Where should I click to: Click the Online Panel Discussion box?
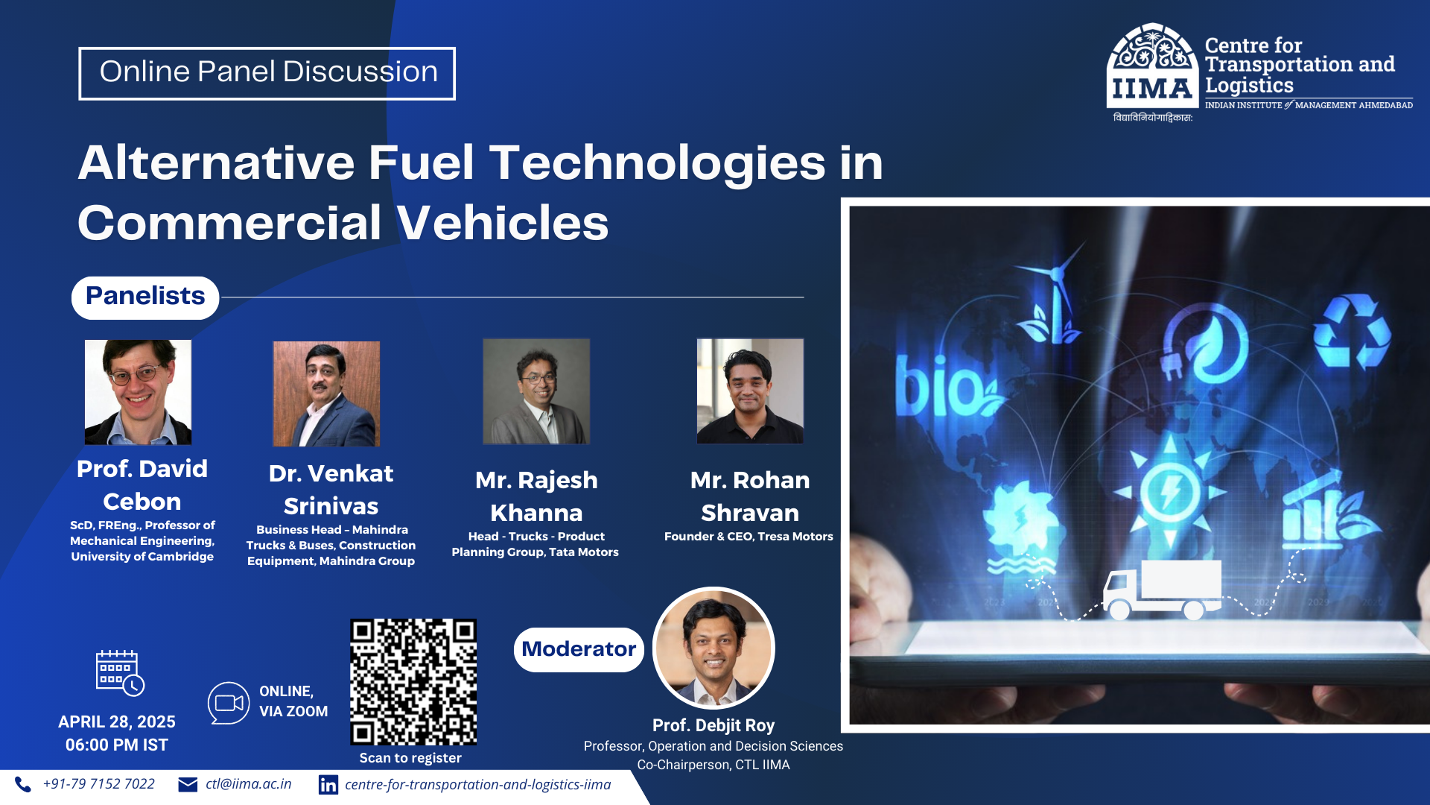coord(267,73)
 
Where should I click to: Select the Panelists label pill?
coord(145,297)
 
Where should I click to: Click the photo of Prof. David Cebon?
coord(138,392)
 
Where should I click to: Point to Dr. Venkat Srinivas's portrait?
coord(326,394)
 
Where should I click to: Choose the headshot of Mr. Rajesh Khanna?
coord(536,391)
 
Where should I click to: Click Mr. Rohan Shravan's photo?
coord(750,391)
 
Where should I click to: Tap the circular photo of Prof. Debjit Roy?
coord(714,648)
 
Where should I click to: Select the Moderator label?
coord(579,649)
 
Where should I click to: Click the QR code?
coord(413,681)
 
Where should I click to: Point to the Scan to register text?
coord(410,758)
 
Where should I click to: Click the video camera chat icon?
coord(229,703)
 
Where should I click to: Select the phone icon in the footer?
coord(23,784)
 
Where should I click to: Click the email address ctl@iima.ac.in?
coord(248,784)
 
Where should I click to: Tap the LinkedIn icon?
coord(328,785)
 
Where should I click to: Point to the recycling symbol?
coord(1351,332)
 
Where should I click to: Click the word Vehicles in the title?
coord(503,223)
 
